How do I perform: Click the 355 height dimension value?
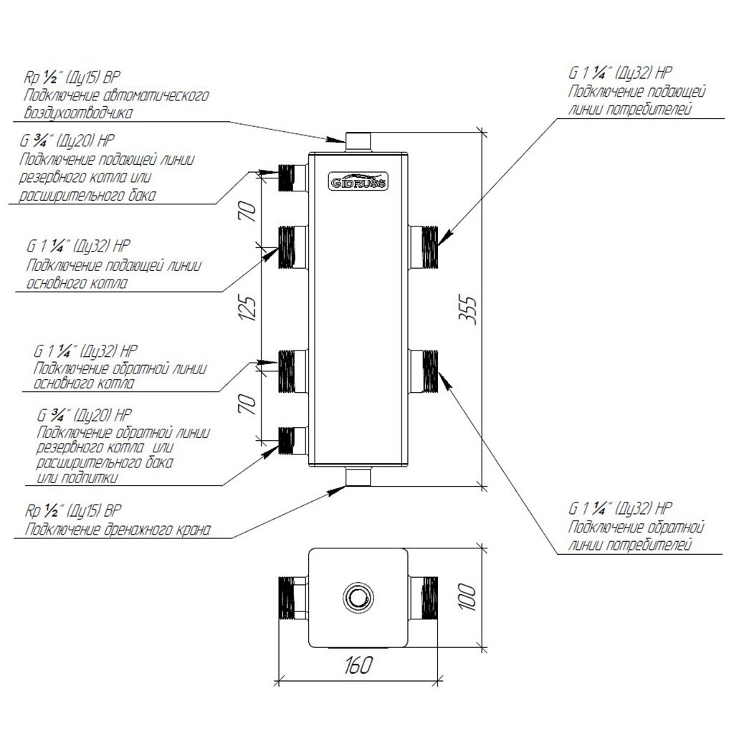click(x=470, y=310)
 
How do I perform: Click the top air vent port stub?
click(x=358, y=140)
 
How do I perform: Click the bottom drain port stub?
click(x=358, y=476)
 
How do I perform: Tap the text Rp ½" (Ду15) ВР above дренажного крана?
click(x=73, y=513)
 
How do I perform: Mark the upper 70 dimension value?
click(x=249, y=211)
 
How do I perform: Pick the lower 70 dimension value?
click(x=249, y=405)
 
